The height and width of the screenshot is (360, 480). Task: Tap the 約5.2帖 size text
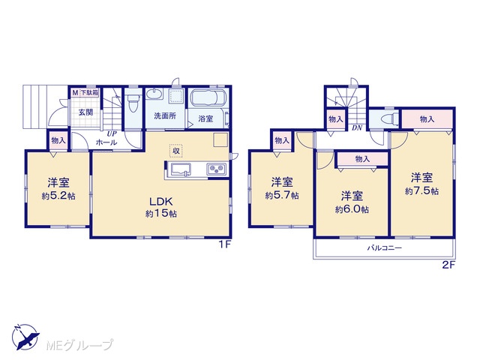(58, 196)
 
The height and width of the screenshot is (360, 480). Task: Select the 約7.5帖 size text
(421, 191)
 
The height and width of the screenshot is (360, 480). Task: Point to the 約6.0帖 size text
(352, 210)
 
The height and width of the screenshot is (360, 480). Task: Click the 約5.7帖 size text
(282, 195)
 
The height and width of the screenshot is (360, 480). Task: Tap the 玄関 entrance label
(85, 112)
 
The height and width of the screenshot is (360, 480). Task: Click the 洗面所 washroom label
(165, 116)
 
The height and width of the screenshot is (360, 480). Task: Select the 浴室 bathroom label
(205, 118)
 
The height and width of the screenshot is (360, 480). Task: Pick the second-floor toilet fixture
(391, 118)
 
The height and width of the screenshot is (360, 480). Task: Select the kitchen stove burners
(217, 169)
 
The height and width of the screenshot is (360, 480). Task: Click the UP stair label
(111, 133)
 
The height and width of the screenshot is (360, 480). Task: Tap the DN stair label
(357, 128)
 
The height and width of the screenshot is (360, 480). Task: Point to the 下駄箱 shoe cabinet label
(89, 93)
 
